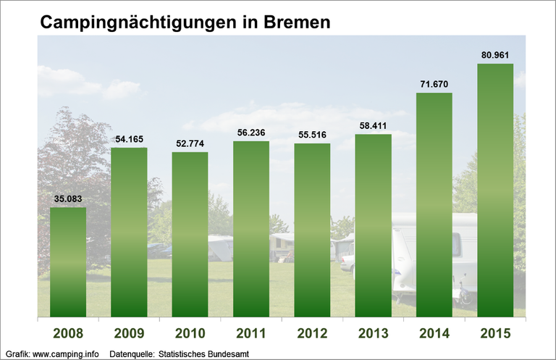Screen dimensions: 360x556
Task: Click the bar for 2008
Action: [x=68, y=261]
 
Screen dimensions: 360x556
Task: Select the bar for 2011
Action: [x=251, y=228]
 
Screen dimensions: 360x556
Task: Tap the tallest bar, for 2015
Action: [x=495, y=190]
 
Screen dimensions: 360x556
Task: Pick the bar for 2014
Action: [x=434, y=204]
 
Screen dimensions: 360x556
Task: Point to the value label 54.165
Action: [x=129, y=138]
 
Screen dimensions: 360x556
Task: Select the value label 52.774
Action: [x=190, y=143]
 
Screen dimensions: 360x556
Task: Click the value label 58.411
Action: [x=374, y=125]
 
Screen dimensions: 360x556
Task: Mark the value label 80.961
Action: [x=495, y=54]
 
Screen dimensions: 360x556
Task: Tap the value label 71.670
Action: [x=434, y=84]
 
